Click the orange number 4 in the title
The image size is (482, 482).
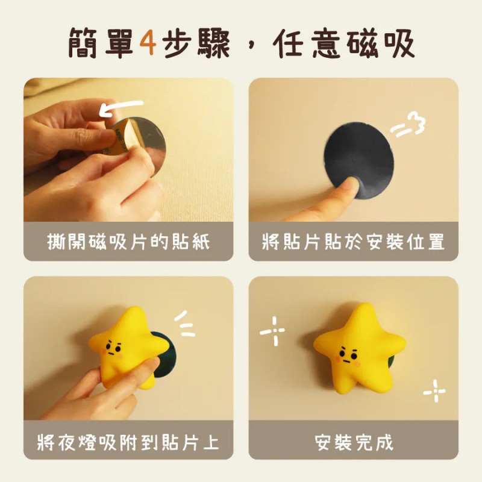pyautogui.click(x=148, y=42)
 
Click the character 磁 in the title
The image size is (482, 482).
pyautogui.click(x=362, y=42)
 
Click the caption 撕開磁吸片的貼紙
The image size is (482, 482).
pyautogui.click(x=128, y=242)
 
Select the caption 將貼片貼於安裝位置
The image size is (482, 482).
pyautogui.click(x=353, y=242)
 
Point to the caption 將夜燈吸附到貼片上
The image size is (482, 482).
pyautogui.click(x=128, y=442)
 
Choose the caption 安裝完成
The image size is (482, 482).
pyautogui.click(x=354, y=442)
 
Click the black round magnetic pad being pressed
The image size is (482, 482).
pyautogui.click(x=359, y=160)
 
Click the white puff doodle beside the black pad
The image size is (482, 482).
pyautogui.click(x=408, y=125)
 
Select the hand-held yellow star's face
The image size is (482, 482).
pyautogui.click(x=113, y=350)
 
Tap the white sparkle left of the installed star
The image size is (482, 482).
pyautogui.click(x=273, y=331)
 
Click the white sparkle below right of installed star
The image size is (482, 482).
pyautogui.click(x=434, y=390)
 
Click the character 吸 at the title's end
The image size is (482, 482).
pyautogui.click(x=399, y=42)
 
